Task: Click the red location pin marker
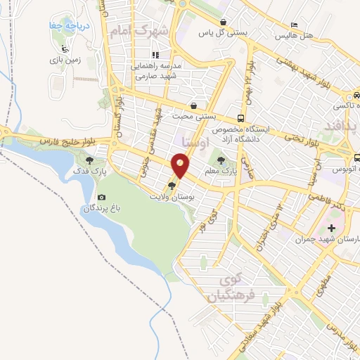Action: (x=181, y=167)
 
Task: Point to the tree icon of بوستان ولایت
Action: (x=172, y=186)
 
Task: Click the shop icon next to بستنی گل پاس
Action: (x=223, y=22)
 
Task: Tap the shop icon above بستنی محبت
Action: (x=193, y=106)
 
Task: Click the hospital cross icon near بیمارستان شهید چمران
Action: (x=331, y=228)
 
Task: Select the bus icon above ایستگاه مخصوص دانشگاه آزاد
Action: (x=241, y=118)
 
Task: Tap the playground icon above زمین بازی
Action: (x=65, y=49)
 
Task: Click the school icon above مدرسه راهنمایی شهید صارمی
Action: (x=155, y=54)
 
